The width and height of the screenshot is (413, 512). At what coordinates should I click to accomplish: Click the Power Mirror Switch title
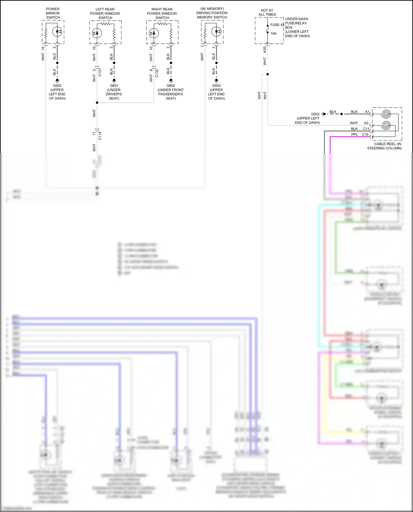tap(53, 13)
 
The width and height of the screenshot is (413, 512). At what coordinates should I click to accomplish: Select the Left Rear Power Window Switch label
tap(105, 13)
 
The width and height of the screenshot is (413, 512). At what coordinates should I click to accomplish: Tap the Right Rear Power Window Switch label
tap(162, 13)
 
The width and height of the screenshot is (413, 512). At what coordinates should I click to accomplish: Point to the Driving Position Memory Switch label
tap(212, 13)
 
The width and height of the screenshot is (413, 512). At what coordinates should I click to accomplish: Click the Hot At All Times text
tap(267, 12)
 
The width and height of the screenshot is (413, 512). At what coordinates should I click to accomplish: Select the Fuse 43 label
tap(277, 25)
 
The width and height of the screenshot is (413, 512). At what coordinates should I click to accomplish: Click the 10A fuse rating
tap(273, 34)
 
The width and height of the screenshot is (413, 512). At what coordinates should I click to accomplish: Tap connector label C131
tap(100, 72)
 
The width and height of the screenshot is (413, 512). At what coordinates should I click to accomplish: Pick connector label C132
tap(157, 73)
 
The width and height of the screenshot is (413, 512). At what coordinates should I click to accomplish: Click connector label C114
tap(100, 136)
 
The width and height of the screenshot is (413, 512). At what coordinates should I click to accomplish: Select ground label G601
tap(114, 86)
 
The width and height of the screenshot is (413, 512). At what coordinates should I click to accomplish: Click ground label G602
tap(171, 86)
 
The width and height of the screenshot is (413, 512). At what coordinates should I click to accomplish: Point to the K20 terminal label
tap(265, 50)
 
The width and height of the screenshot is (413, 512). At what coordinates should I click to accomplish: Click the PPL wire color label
tap(355, 135)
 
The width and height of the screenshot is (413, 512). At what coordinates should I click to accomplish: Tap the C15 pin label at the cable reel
tap(365, 135)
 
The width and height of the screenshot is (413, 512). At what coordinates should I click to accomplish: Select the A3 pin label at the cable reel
tap(366, 123)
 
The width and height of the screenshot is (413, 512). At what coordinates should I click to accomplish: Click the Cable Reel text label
tap(384, 146)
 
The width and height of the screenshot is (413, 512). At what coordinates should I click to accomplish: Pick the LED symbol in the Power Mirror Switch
tap(57, 32)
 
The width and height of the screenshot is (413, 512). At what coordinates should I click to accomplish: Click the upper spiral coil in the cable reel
tap(386, 114)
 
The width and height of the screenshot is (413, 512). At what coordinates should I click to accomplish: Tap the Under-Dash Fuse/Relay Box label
tap(297, 27)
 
